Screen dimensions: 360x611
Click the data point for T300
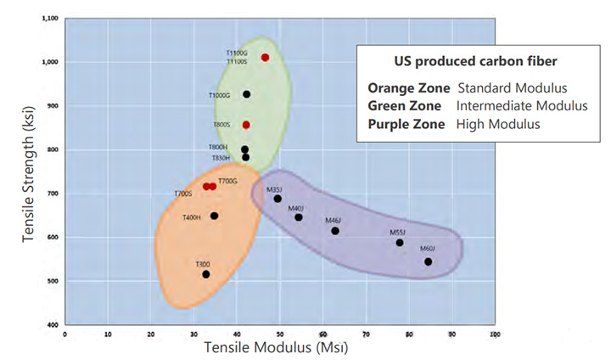point(205,274)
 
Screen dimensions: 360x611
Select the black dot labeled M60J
point(429,262)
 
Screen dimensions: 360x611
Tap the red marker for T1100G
point(266,58)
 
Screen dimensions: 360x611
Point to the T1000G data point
point(247,94)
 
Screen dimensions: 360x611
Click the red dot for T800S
point(246,125)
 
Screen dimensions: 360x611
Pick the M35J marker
point(277,199)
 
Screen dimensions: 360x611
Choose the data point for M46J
point(335,230)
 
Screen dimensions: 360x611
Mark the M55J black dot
point(400,243)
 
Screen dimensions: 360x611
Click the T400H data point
point(214,216)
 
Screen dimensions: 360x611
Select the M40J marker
point(299,217)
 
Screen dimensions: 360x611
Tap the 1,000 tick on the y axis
point(50,62)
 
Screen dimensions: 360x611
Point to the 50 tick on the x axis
point(280,334)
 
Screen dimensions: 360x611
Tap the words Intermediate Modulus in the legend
point(522,106)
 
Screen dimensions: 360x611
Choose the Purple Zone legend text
point(406,124)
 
